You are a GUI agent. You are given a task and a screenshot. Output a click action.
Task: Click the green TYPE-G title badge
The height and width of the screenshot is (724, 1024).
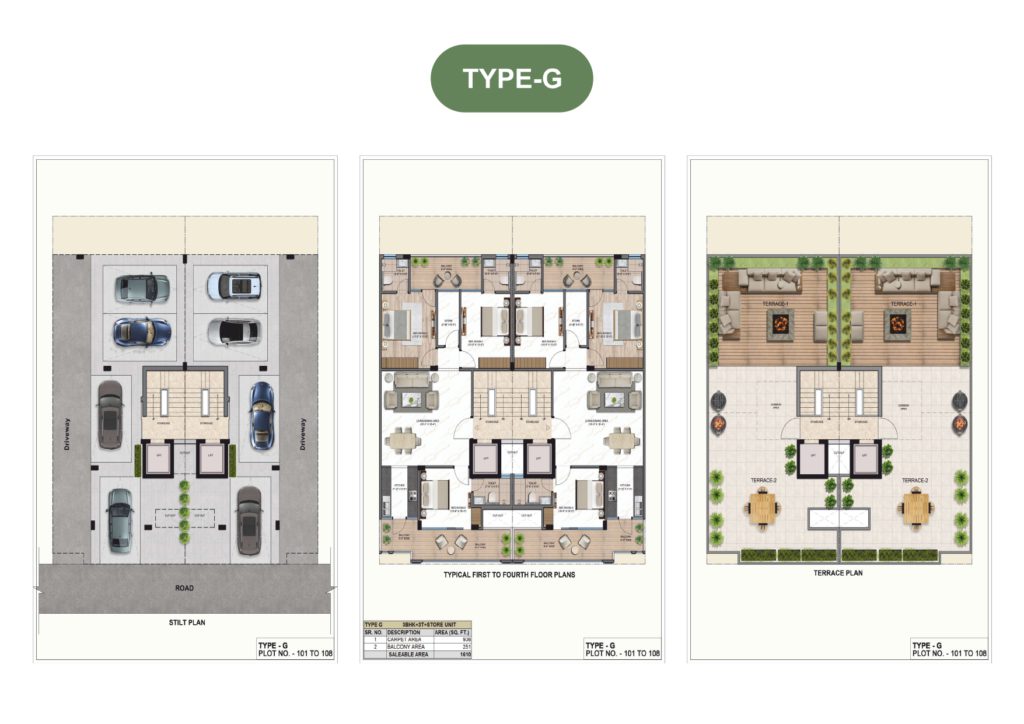point(511,78)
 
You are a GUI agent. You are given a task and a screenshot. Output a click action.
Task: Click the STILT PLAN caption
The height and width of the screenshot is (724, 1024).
point(185,622)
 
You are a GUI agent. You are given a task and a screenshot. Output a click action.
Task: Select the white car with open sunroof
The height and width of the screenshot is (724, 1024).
point(234,286)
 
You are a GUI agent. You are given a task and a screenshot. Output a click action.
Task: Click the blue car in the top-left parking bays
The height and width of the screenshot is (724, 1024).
point(142,331)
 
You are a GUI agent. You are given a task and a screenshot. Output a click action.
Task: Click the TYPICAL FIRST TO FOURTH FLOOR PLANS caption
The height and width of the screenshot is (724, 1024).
point(509,576)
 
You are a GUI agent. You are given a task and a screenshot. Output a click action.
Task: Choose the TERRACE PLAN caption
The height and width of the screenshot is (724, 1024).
point(839,574)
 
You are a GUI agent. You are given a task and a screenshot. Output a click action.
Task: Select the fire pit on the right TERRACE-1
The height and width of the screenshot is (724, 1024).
point(896,323)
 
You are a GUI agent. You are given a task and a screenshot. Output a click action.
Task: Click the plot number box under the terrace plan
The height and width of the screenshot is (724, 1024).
point(949,649)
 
